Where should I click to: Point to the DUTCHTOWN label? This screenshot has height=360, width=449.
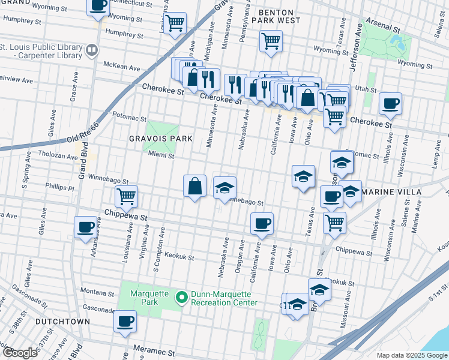point(62,322)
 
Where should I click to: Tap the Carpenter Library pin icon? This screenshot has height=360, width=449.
point(92,50)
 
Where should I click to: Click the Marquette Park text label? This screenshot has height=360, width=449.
point(145,298)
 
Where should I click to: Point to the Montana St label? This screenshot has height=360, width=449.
point(97,294)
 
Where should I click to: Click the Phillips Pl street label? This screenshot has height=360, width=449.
point(62,187)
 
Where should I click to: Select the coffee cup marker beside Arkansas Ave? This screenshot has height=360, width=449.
point(85,226)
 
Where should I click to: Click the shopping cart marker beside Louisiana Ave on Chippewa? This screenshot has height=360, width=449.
point(127,196)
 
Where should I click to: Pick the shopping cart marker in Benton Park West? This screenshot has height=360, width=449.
point(271,41)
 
